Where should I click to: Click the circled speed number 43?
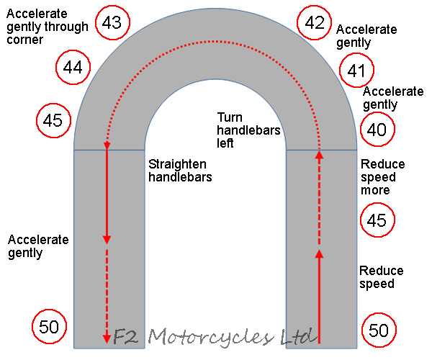pos(112,24)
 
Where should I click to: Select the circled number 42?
pos(315,24)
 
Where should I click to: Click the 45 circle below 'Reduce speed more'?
pos(377,220)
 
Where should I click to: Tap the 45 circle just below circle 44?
pos(53,120)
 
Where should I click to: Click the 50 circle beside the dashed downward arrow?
pos(49,326)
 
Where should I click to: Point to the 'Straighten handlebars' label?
pos(180,170)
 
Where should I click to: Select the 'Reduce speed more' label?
pos(382,177)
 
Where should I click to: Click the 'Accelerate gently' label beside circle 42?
pos(366,36)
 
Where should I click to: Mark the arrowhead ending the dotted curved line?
pos(107,146)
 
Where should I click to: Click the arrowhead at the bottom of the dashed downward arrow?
pos(107,338)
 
